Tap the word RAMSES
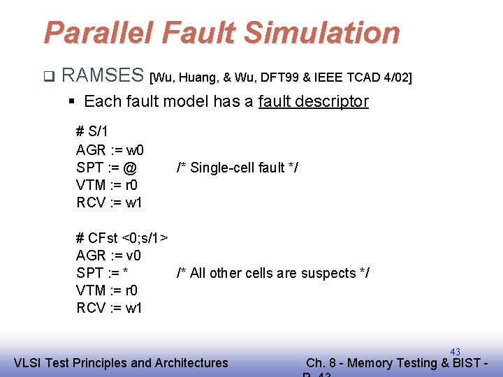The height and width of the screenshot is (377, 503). click(103, 75)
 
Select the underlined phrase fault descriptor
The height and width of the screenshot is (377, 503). click(313, 101)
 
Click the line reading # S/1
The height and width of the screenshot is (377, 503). click(92, 131)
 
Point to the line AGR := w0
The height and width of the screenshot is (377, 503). click(110, 149)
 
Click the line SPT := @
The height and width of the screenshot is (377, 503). click(106, 168)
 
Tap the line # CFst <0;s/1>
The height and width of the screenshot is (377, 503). click(122, 237)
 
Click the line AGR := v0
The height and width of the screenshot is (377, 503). click(109, 256)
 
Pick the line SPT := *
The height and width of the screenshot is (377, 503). click(105, 273)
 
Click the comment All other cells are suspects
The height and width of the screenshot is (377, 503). click(273, 273)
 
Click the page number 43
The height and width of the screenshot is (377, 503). click(455, 351)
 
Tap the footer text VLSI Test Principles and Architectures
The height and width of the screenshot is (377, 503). click(121, 362)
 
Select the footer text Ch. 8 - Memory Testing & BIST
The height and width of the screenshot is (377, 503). click(395, 362)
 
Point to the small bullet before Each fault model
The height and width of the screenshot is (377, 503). click(72, 102)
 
